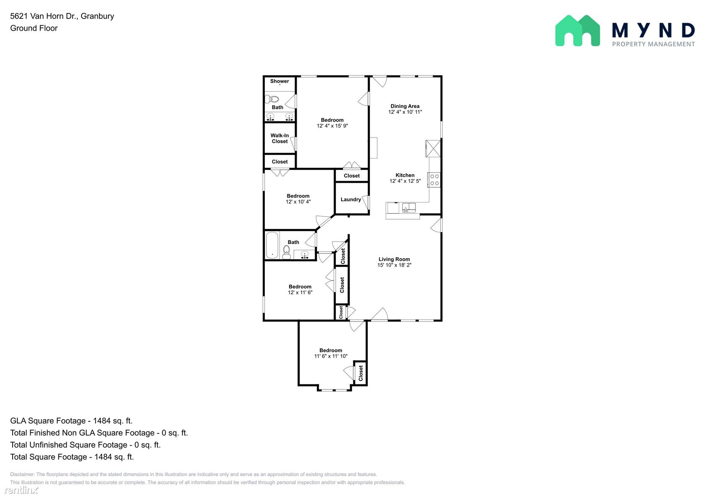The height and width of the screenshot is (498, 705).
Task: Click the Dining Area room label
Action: pyautogui.click(x=405, y=106)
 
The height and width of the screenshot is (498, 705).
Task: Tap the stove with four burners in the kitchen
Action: pyautogui.click(x=434, y=180)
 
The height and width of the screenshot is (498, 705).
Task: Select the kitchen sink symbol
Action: pyautogui.click(x=409, y=208)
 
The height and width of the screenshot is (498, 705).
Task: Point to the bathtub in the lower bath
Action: pyautogui.click(x=272, y=245)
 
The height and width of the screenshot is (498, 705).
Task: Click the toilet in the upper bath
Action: pyautogui.click(x=272, y=99)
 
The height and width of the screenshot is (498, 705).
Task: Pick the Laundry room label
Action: pyautogui.click(x=351, y=200)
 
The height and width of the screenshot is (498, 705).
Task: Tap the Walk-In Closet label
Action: pyautogui.click(x=279, y=138)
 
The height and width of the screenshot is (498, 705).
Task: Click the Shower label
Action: pyautogui.click(x=279, y=81)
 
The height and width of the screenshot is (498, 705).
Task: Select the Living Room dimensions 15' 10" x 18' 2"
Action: pyautogui.click(x=394, y=265)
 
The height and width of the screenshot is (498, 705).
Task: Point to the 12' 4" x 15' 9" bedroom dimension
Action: pyautogui.click(x=332, y=126)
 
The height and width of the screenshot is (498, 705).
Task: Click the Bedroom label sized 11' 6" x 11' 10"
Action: pyautogui.click(x=331, y=350)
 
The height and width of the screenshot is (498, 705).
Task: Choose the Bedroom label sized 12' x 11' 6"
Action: pyautogui.click(x=300, y=287)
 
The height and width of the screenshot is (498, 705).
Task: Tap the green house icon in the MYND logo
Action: pyautogui.click(x=577, y=31)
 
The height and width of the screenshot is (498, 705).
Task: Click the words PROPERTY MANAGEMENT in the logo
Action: pyautogui.click(x=653, y=44)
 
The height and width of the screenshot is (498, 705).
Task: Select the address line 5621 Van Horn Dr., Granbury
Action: pyautogui.click(x=62, y=16)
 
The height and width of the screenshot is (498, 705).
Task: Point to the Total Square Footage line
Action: pyautogui.click(x=72, y=457)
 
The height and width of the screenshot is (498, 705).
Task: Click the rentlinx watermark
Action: pyautogui.click(x=21, y=490)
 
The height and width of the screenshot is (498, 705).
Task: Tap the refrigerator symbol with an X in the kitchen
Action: pyautogui.click(x=433, y=148)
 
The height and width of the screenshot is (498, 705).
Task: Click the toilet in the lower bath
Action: pyautogui.click(x=286, y=252)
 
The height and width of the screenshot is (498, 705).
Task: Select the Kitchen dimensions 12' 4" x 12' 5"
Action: pyautogui.click(x=405, y=181)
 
